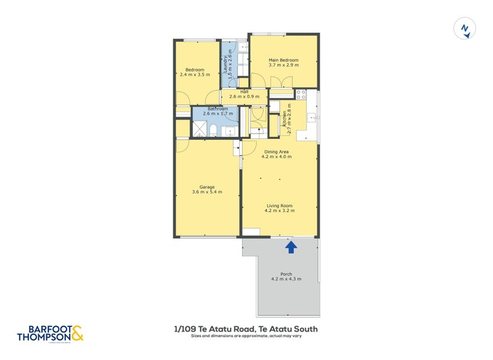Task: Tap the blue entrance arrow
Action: [x=291, y=247]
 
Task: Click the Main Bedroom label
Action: [x=283, y=60]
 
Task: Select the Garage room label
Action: [x=207, y=187]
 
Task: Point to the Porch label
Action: [x=286, y=274]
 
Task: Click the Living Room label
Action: [x=280, y=205]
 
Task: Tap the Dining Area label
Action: [x=277, y=152]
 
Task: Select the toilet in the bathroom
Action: [x=213, y=130]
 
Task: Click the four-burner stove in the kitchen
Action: [x=301, y=95]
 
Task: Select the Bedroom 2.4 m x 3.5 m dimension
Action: [x=195, y=75]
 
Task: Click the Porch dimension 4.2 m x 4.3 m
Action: [x=286, y=280]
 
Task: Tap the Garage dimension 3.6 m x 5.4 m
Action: [x=207, y=192]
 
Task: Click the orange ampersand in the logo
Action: [x=77, y=333]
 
